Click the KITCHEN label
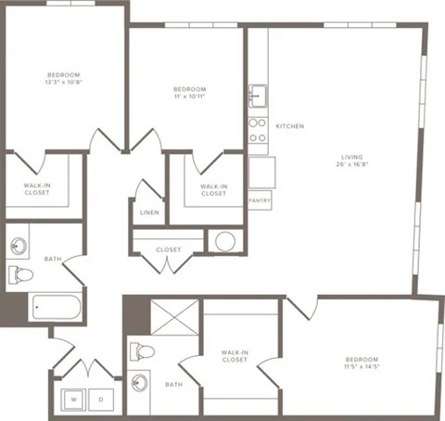coord(289,125)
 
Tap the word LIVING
coord(351,157)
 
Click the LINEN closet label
coord(149,212)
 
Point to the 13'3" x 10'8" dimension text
coord(64,83)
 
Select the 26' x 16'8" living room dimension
coord(351,166)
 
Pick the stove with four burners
coord(258,130)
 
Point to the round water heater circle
coord(224,241)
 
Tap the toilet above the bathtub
coord(20,274)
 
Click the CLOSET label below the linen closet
coord(169,249)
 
